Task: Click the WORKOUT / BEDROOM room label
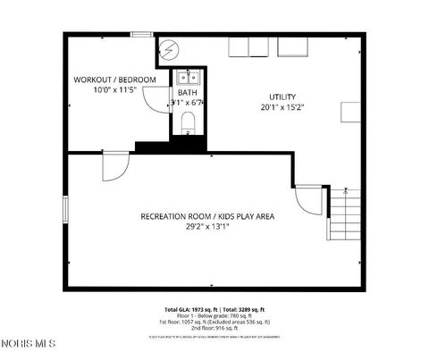pyautogui.click(x=114, y=80)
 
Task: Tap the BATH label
pyautogui.click(x=187, y=92)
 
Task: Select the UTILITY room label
pyautogui.click(x=282, y=96)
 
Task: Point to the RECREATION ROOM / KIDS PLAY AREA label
pyautogui.click(x=206, y=216)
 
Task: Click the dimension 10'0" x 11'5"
pyautogui.click(x=114, y=90)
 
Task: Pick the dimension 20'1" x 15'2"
pyautogui.click(x=282, y=107)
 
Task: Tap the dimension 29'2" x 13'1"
pyautogui.click(x=207, y=227)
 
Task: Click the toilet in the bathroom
pyautogui.click(x=188, y=121)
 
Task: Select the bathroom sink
pyautogui.click(x=188, y=76)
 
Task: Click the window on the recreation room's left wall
pyautogui.click(x=65, y=210)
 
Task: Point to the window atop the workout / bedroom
pyautogui.click(x=141, y=35)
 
